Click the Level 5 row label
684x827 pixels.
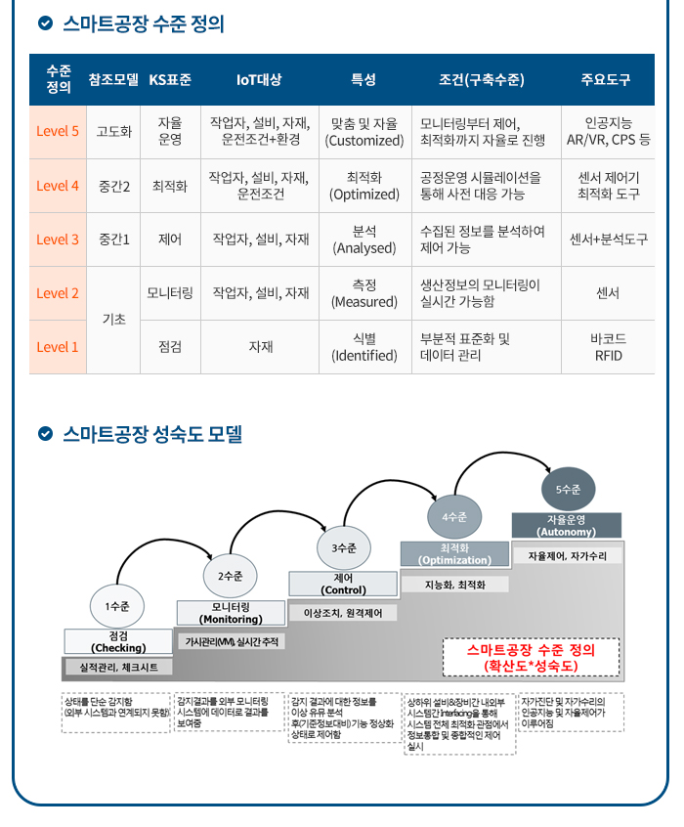tap(58, 132)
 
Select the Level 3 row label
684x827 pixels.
tap(58, 239)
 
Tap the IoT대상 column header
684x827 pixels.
tap(259, 79)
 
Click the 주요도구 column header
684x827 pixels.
tap(606, 79)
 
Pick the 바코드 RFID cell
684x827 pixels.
tap(608, 347)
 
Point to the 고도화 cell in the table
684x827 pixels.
tap(114, 132)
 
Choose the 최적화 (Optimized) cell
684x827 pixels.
tap(364, 186)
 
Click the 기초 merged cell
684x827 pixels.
tap(114, 320)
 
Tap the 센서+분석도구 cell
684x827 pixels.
tap(608, 239)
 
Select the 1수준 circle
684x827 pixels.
tap(117, 606)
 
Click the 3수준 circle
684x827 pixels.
tap(344, 548)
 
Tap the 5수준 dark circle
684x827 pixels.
tap(568, 489)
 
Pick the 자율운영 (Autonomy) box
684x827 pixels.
tap(566, 525)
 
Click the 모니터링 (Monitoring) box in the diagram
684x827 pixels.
tap(231, 613)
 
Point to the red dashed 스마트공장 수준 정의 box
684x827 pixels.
tap(531, 657)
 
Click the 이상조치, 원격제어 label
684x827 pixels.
tap(343, 613)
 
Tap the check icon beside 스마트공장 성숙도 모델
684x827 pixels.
tap(45, 433)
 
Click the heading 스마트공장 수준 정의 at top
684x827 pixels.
tap(143, 23)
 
